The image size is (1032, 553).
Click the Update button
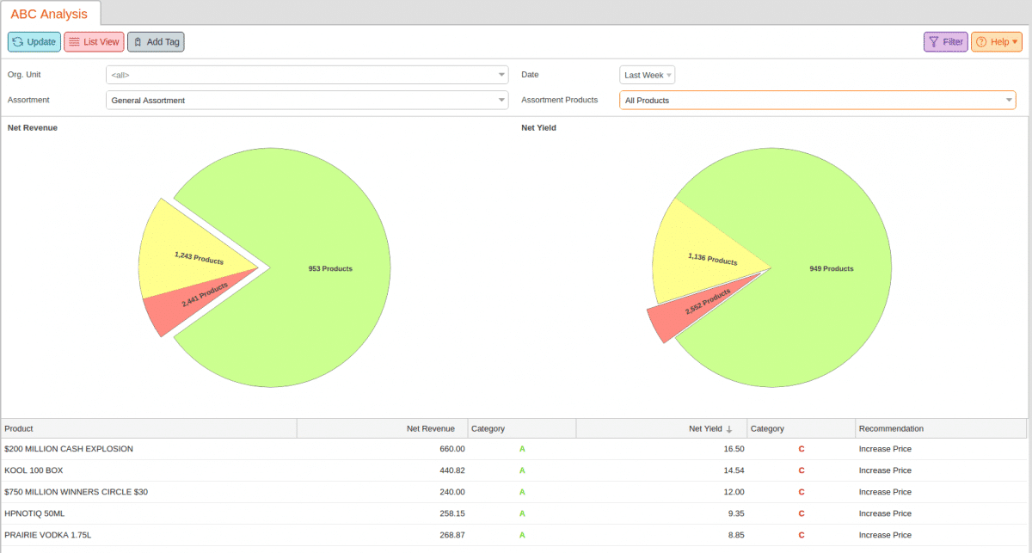pyautogui.click(x=34, y=41)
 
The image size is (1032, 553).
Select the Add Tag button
pyautogui.click(x=156, y=41)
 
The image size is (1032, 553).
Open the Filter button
pyautogui.click(x=945, y=41)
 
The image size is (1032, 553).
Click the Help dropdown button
pyautogui.click(x=997, y=41)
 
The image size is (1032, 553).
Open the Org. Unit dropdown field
pyautogui.click(x=307, y=75)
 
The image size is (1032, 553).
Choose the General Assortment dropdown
pyautogui.click(x=307, y=101)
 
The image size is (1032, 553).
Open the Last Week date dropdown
pyautogui.click(x=648, y=75)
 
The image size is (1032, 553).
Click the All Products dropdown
pyautogui.click(x=817, y=101)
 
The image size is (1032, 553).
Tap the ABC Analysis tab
pyautogui.click(x=49, y=14)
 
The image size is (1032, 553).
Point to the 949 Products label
pyautogui.click(x=831, y=268)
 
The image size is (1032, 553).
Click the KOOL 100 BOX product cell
pyautogui.click(x=34, y=470)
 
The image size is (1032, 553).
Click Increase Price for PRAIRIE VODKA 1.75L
pyautogui.click(x=885, y=535)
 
